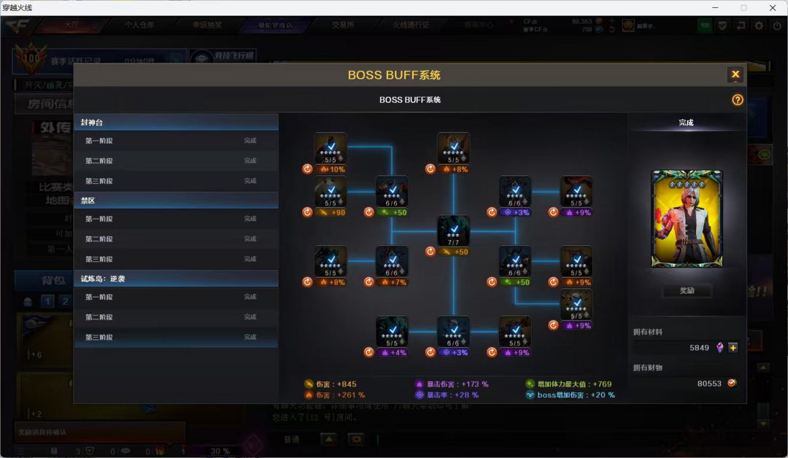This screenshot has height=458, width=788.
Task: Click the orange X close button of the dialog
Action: (x=735, y=74)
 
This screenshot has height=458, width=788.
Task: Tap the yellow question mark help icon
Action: (x=738, y=100)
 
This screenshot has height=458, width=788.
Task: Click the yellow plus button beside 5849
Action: (x=733, y=348)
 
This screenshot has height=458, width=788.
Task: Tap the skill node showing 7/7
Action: (x=453, y=230)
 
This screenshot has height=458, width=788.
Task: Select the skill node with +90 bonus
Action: (x=331, y=192)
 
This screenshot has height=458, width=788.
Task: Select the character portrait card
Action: (x=687, y=219)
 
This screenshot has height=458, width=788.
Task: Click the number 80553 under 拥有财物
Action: (x=709, y=383)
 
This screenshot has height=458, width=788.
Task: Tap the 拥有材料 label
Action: (x=648, y=332)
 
